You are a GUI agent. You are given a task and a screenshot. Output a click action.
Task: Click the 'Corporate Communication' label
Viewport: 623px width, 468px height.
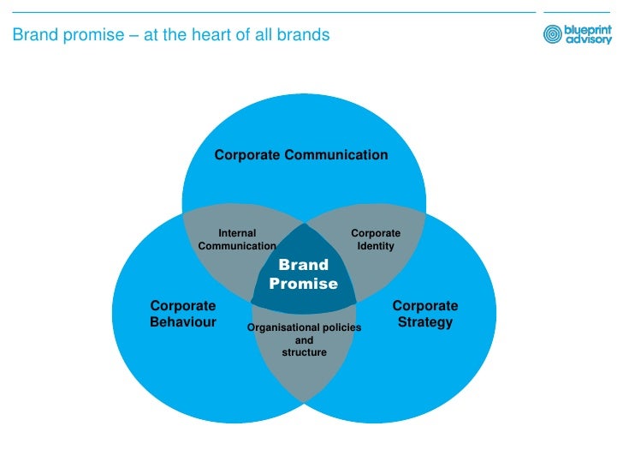point(300,155)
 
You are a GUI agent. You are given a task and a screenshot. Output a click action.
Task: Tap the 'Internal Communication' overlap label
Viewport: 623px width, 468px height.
point(237,239)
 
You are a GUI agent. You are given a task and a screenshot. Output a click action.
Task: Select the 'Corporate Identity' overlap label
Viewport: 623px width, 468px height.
point(376,239)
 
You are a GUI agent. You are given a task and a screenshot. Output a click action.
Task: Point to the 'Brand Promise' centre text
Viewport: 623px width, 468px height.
point(304,274)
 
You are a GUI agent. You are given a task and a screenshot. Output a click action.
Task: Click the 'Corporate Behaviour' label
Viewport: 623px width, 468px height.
point(182,314)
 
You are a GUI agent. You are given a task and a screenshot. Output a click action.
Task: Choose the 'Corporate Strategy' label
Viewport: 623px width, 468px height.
point(425,314)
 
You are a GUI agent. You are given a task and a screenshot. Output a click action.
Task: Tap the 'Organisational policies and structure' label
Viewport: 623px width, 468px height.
point(304,339)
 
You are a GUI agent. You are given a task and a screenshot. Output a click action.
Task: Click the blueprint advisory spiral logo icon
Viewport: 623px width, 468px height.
point(553,34)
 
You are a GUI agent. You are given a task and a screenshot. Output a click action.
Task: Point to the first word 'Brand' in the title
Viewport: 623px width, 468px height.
point(32,36)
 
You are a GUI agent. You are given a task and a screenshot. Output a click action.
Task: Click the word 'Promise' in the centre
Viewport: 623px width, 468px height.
point(304,284)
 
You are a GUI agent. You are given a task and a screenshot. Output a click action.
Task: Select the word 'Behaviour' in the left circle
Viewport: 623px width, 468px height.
point(182,322)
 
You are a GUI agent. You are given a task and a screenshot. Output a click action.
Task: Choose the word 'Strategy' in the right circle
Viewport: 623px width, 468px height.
point(425,322)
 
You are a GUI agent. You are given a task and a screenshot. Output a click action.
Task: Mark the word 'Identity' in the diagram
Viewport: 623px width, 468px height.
point(376,246)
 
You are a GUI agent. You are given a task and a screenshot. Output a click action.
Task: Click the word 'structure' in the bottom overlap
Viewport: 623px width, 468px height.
point(304,352)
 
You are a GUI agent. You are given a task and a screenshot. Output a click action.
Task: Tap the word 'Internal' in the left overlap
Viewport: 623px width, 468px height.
point(237,232)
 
